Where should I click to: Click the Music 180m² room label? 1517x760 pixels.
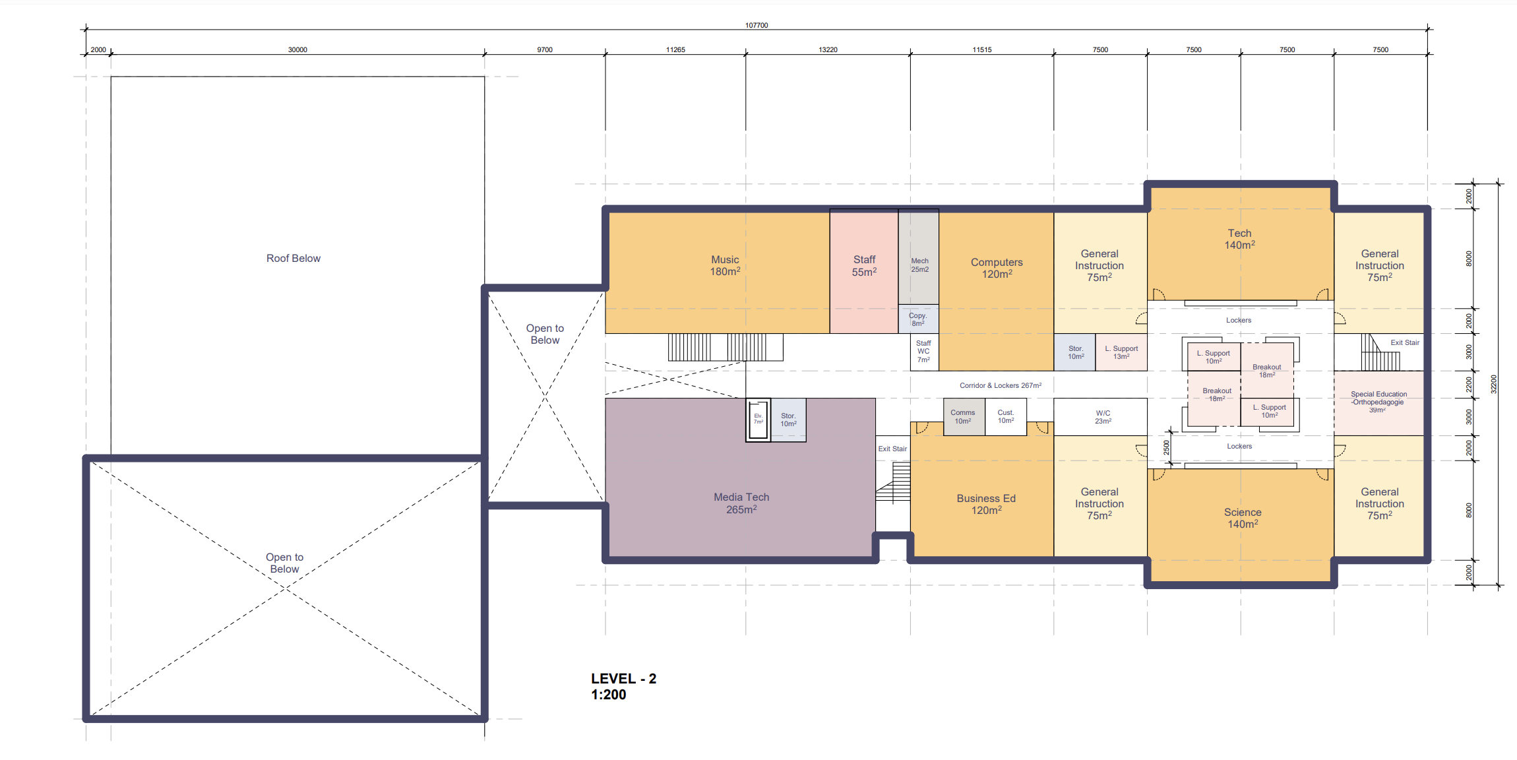point(725,266)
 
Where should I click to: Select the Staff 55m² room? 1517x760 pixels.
point(864,271)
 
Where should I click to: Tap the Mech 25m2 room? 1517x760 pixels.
point(919,257)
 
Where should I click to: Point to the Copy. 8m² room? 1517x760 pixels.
point(919,319)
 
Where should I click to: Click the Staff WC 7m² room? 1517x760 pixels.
point(924,352)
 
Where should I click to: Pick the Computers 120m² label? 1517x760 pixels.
point(997,268)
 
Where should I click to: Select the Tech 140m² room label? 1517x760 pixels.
point(1240,239)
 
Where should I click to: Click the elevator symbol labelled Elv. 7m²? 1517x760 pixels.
point(758,420)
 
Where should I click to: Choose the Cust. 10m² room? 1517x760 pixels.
point(1006,417)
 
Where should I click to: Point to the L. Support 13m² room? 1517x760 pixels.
point(1121,352)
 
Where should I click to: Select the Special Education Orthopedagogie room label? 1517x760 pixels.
point(1378,402)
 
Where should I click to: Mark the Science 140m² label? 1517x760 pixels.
point(1243,518)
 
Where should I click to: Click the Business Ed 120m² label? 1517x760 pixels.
point(986,504)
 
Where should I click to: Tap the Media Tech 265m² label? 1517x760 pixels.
point(741,503)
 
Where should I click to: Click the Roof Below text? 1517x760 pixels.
point(294,258)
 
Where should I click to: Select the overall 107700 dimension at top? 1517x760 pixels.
point(757,25)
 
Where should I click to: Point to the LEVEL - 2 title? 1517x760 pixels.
point(623,678)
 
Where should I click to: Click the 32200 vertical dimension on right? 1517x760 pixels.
point(1494,384)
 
